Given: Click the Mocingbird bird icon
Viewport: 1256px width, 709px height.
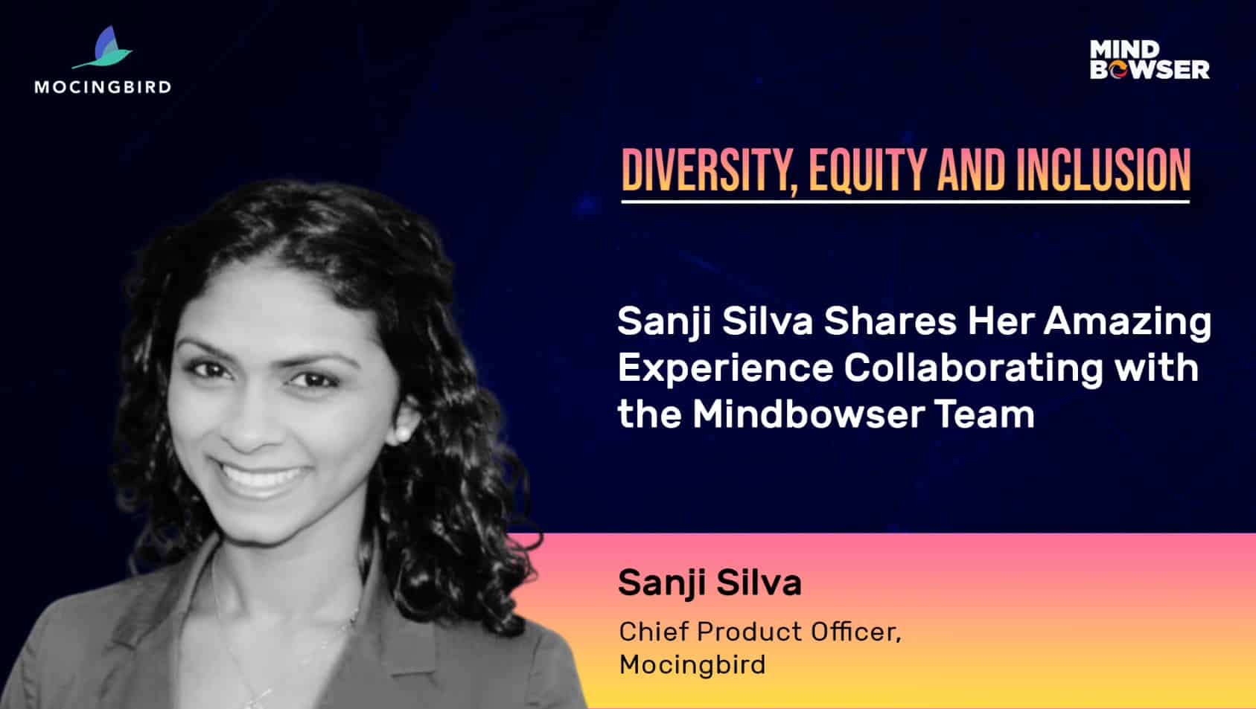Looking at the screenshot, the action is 103,48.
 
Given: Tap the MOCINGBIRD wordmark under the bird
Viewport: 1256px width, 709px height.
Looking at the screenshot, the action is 103,87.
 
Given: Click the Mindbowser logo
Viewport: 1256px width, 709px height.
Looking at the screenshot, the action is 1150,60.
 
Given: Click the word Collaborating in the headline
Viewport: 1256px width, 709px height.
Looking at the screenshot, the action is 973,370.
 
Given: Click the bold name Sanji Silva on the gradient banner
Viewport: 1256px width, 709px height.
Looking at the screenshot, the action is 710,583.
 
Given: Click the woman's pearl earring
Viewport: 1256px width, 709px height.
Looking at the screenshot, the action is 401,434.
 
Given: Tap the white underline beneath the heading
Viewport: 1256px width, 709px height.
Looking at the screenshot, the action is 905,201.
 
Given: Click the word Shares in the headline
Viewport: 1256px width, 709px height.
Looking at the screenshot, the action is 890,321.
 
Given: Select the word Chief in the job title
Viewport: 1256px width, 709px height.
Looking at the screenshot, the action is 654,632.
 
